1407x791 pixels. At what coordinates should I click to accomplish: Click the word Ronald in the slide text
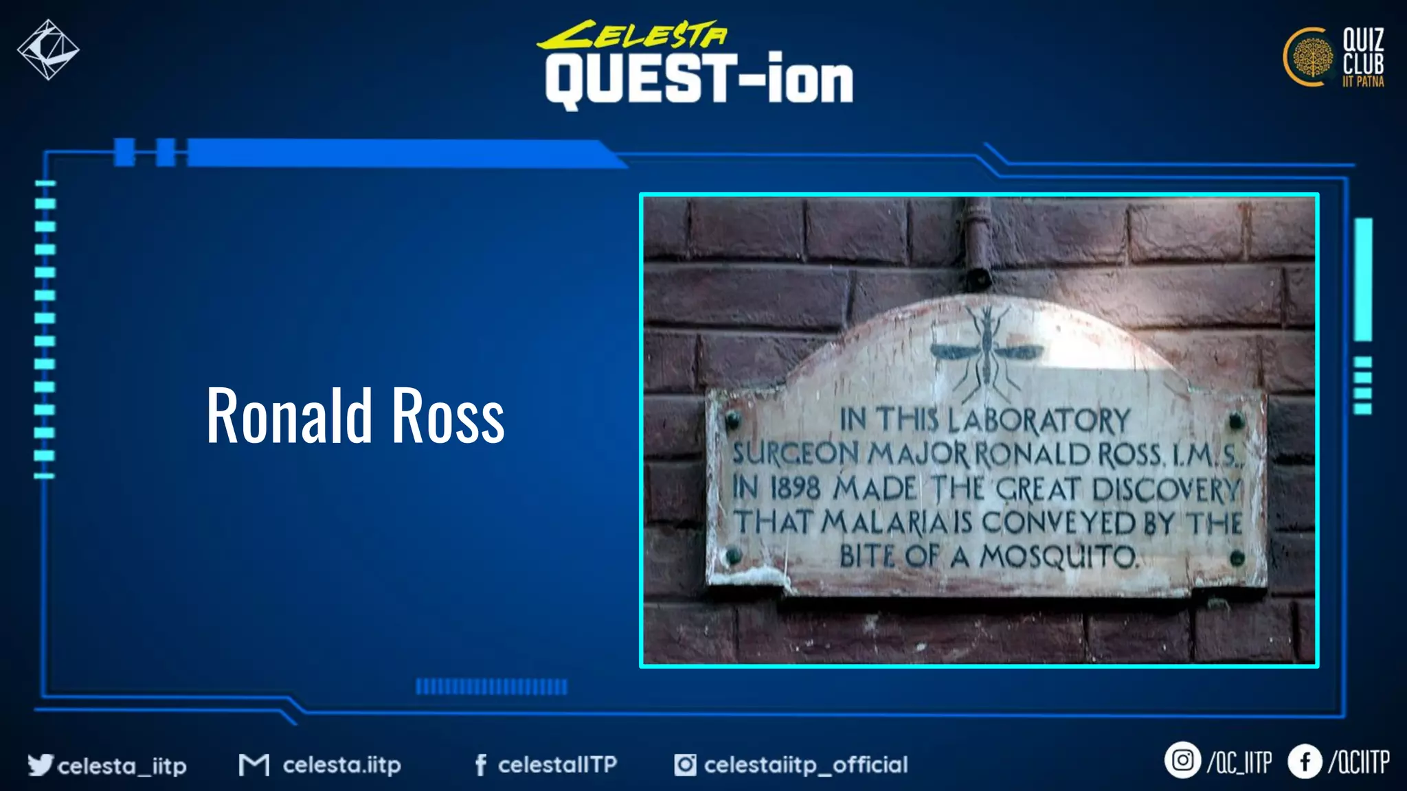(289, 415)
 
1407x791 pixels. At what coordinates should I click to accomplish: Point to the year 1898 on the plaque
(795, 488)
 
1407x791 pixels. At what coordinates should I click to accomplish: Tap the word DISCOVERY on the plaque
(1165, 489)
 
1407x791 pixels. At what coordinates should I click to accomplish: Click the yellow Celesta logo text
(632, 35)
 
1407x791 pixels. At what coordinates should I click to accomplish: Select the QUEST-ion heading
(699, 80)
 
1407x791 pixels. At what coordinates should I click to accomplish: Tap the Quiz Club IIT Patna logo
(1333, 58)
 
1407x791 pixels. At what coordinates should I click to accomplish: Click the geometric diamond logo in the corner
(48, 49)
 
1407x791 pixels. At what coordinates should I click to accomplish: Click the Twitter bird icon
(40, 764)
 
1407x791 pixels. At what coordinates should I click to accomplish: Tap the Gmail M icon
(254, 764)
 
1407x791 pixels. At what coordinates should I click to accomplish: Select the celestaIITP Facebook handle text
(557, 764)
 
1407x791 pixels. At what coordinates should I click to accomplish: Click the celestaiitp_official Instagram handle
(805, 764)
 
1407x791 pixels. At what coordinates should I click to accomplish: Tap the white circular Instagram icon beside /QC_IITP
(1182, 760)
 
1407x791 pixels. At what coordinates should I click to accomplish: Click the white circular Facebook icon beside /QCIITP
(1305, 761)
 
